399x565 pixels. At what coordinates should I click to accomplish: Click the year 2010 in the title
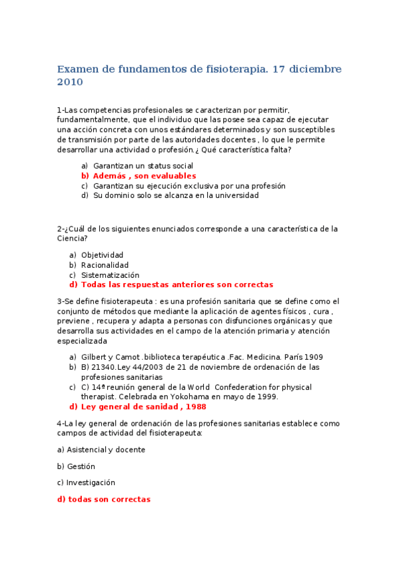70,83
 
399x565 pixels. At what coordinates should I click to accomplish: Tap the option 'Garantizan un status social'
143,166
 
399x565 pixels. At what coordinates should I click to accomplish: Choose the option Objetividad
102,255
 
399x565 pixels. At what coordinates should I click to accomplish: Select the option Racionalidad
105,265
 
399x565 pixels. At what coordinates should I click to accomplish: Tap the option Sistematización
110,275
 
